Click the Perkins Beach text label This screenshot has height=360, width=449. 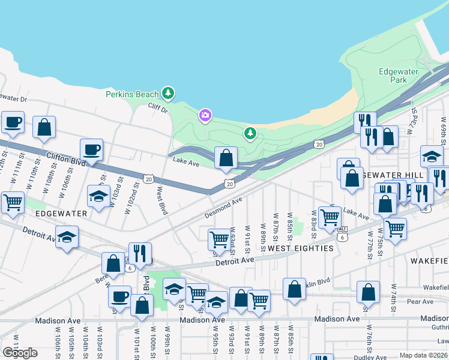pos(132,94)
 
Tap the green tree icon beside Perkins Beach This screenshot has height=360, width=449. pos(169,93)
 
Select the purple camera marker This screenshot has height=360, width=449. pos(205,115)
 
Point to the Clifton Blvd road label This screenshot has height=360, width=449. pos(64,160)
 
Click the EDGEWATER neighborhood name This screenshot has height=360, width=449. pos(62,213)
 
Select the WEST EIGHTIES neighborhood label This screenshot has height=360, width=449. pos(300,248)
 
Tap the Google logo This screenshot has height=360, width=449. pos(20,353)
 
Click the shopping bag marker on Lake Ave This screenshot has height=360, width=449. pos(226,159)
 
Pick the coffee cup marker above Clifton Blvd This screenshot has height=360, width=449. pos(91,149)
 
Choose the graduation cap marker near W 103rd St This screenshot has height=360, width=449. pos(98,196)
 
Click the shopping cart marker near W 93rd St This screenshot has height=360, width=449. pos(219,239)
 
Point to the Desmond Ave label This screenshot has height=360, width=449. pos(223,207)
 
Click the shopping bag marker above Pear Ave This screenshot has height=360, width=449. pos(368,292)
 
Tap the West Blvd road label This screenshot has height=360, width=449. pos(161,200)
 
